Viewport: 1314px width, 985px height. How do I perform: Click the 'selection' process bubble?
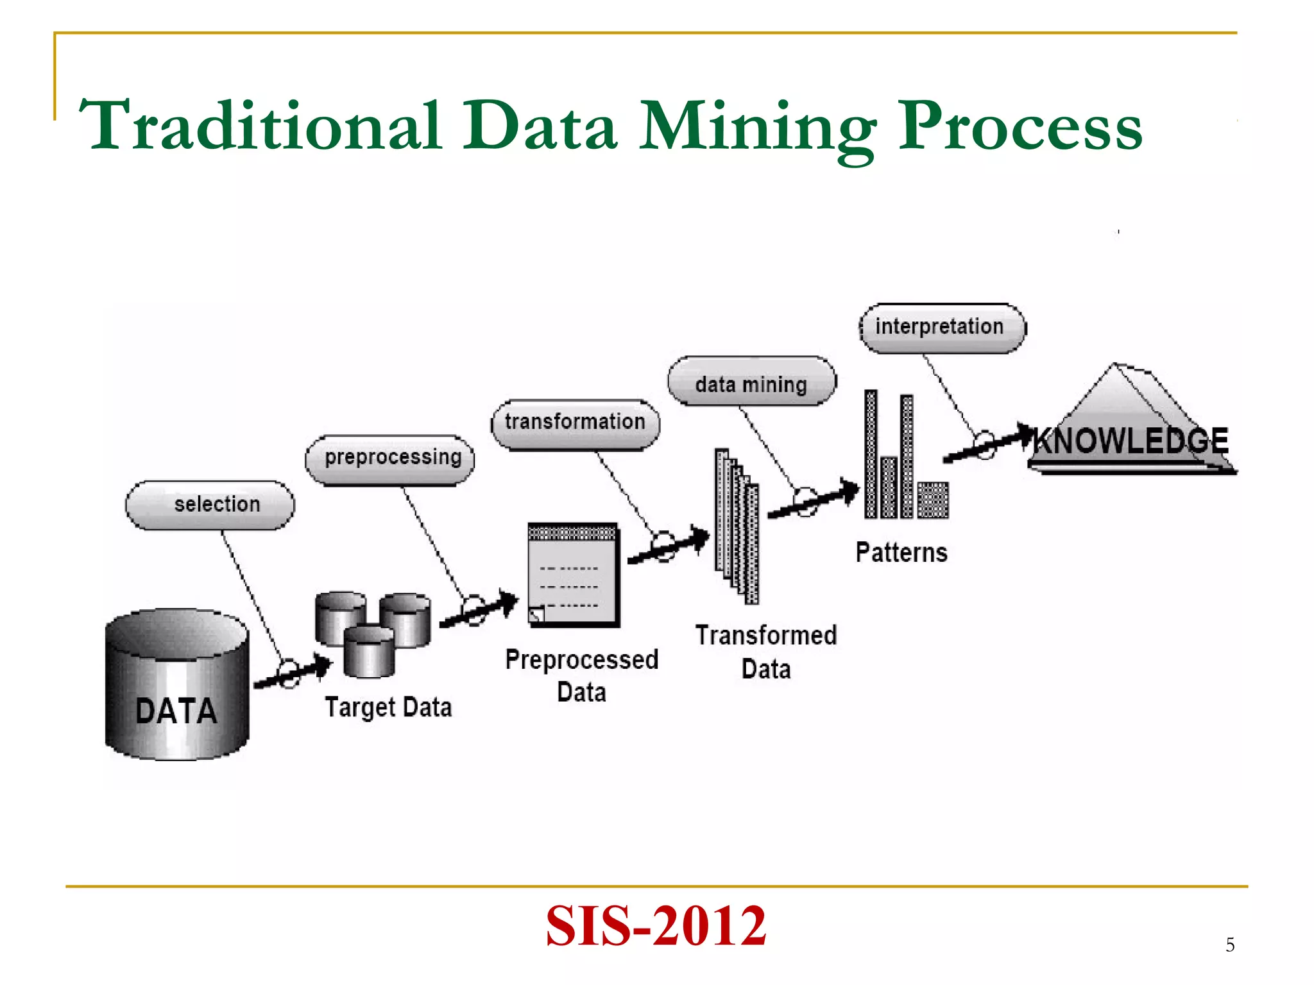tap(210, 505)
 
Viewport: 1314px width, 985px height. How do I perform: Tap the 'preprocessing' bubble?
tap(390, 458)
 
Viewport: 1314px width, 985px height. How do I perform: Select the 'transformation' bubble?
tap(575, 423)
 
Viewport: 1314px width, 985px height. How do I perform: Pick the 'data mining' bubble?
tap(751, 383)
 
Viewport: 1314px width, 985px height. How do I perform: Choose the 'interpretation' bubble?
tap(941, 328)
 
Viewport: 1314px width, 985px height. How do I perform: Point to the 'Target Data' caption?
tap(388, 707)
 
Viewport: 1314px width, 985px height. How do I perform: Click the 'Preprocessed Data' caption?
tap(581, 675)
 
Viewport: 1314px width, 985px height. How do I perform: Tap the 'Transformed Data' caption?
tap(766, 652)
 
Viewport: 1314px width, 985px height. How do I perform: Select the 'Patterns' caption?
tap(901, 552)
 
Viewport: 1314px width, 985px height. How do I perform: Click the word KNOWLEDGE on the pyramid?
tap(1131, 441)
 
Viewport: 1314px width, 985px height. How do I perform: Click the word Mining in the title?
tap(757, 126)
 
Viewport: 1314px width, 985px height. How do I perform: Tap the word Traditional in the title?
tap(260, 126)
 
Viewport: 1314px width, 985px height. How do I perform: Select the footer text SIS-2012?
tap(656, 925)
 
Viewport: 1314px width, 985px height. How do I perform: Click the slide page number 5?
tap(1229, 945)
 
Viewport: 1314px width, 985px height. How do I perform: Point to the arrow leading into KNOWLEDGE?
tap(988, 443)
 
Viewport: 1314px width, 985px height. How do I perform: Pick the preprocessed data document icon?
tap(573, 574)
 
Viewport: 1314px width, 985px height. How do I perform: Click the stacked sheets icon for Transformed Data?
tap(737, 526)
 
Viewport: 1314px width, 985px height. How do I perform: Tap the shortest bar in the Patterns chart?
tap(932, 500)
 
